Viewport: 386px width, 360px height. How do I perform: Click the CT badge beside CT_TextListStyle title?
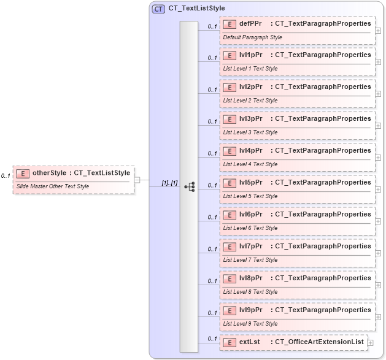pos(158,9)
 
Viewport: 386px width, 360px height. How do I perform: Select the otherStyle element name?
pos(49,173)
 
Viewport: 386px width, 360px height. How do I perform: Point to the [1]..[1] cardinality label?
pos(169,183)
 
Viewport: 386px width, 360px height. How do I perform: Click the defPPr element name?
pos(251,23)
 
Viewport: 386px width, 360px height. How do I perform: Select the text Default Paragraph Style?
pos(252,37)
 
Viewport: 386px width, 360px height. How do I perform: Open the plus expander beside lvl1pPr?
pos(378,63)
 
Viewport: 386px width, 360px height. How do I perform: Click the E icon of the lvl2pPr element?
pos(229,87)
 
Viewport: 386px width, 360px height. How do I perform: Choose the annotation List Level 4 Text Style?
pos(250,164)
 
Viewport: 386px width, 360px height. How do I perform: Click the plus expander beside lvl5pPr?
pos(378,190)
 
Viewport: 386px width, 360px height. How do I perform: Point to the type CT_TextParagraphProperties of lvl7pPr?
pos(323,247)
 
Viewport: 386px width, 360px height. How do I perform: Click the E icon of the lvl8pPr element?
pos(229,278)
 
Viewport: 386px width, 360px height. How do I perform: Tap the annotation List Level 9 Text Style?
pos(250,324)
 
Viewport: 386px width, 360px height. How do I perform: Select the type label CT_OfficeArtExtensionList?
pos(319,342)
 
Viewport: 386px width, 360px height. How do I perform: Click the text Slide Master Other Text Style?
pos(53,186)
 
